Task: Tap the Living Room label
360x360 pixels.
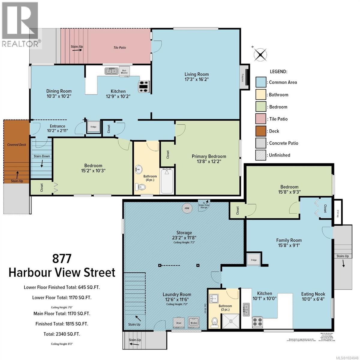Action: pos(196,74)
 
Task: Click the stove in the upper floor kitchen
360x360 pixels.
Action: pos(143,86)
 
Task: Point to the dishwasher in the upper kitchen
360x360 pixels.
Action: pos(124,71)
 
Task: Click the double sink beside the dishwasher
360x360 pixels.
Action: pos(111,71)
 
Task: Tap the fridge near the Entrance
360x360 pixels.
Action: pos(93,127)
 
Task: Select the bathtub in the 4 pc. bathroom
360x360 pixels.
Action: pos(167,181)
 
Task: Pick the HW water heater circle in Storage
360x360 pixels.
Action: pos(187,208)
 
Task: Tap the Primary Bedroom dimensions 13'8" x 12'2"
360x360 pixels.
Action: pos(209,161)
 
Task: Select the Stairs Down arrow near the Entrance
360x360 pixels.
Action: pos(42,163)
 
